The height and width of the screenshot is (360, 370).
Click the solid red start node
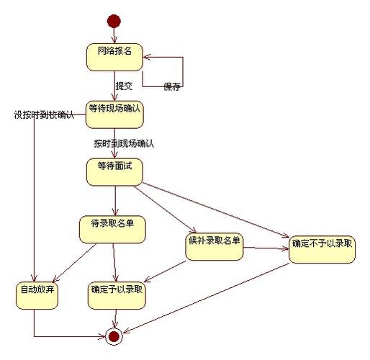click(114, 20)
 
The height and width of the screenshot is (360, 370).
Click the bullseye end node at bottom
click(114, 336)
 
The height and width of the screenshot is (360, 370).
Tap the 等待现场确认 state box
click(114, 114)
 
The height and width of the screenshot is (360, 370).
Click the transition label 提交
click(124, 86)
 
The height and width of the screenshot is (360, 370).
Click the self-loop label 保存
click(171, 87)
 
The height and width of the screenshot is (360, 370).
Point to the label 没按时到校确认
click(44, 115)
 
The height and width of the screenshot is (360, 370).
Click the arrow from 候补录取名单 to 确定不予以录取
click(266, 249)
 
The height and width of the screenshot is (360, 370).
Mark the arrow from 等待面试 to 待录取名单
click(114, 200)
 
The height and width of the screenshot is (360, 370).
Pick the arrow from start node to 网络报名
click(114, 35)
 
